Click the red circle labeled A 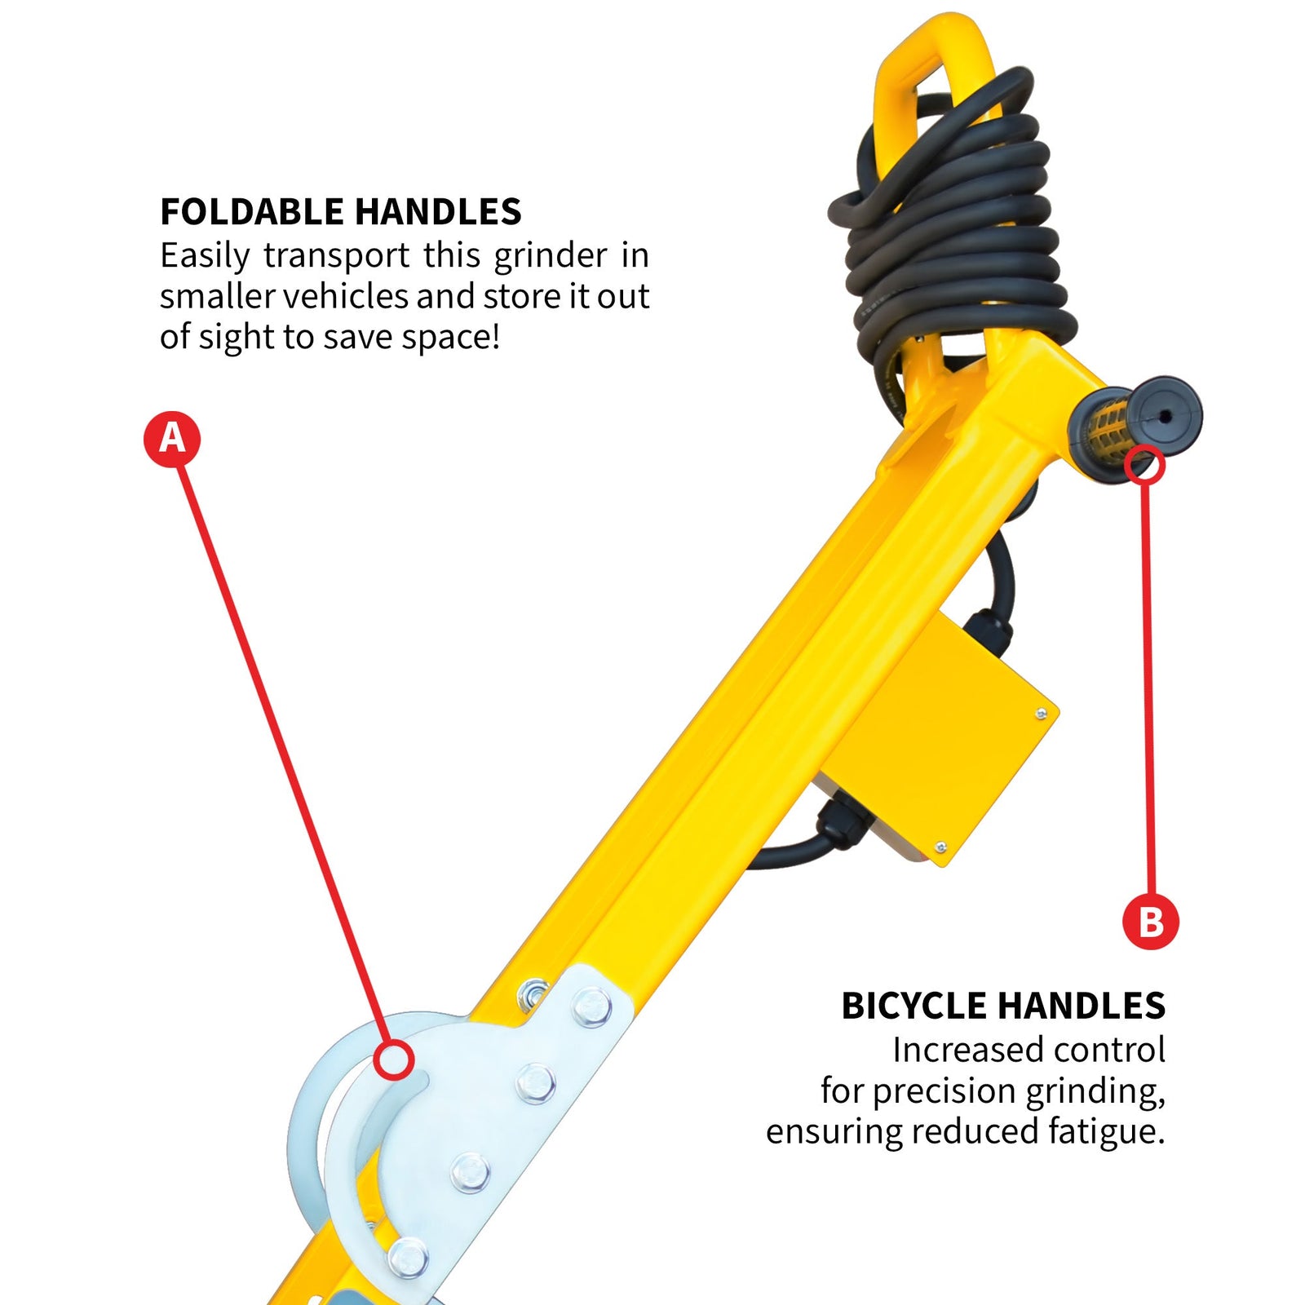(x=172, y=439)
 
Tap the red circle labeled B (x=1150, y=922)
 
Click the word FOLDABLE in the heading (x=253, y=212)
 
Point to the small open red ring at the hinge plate (x=394, y=1060)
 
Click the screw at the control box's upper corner (x=1041, y=714)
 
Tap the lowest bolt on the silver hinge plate (x=407, y=1256)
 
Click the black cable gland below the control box (x=840, y=824)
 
